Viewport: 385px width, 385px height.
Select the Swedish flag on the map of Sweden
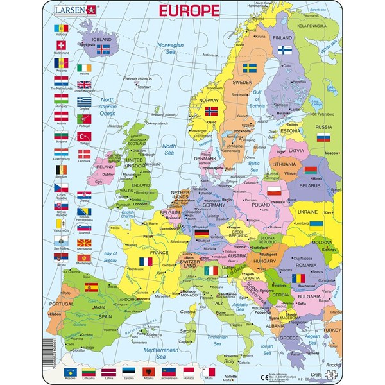pos(248,67)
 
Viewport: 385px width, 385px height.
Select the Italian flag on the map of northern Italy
pos(211,271)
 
